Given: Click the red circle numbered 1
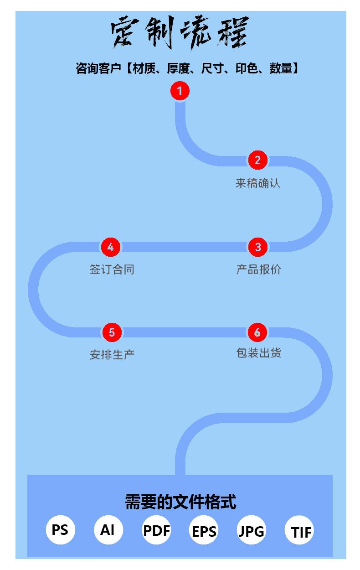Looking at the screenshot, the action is click(x=180, y=91).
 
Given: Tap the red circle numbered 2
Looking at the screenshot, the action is click(x=257, y=160).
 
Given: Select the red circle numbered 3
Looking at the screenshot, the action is click(x=258, y=247).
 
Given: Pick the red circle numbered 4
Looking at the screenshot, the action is click(x=110, y=247).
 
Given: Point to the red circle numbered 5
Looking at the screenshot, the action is click(x=112, y=332).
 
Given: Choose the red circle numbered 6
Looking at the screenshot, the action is click(x=257, y=332).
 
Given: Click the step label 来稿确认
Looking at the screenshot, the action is click(x=258, y=183).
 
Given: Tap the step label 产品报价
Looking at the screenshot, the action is click(x=258, y=269).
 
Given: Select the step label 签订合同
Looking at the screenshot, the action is click(x=112, y=269).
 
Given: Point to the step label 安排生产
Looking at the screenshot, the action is click(x=112, y=355).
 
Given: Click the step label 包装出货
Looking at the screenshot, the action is click(x=258, y=353).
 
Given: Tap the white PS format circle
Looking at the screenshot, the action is click(x=60, y=530).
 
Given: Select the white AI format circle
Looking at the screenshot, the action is click(x=108, y=530).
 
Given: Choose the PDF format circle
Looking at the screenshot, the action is click(x=156, y=530).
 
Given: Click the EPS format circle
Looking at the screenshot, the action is click(x=204, y=531).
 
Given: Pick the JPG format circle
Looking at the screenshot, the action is click(x=251, y=531).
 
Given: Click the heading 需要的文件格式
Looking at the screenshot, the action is click(x=180, y=502).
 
